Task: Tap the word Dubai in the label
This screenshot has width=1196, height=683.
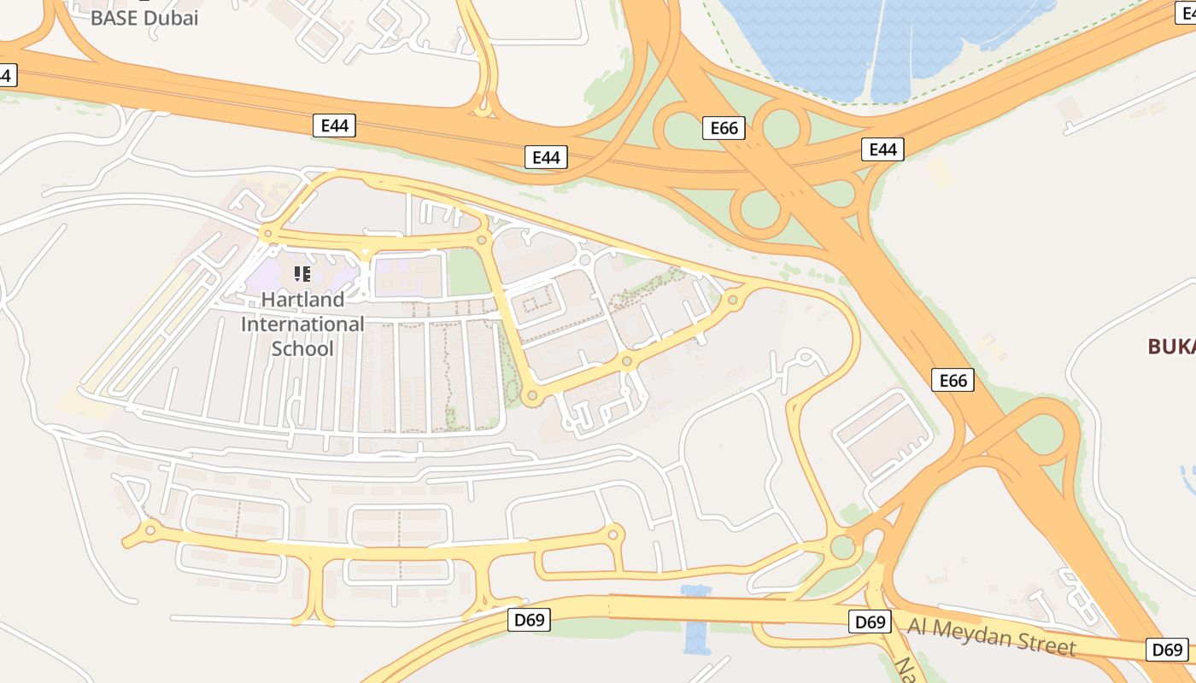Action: (170, 17)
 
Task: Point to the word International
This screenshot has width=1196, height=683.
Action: (302, 324)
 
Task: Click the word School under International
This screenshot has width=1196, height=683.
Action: (302, 348)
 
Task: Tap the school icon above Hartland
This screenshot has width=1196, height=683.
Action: (302, 274)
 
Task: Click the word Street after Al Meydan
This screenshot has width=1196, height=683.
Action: (1046, 644)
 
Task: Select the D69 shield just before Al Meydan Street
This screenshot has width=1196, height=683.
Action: (870, 622)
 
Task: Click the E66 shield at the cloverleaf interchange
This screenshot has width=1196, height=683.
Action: (724, 128)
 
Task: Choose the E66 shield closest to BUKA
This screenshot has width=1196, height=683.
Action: (953, 380)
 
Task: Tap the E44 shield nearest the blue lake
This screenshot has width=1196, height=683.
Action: (882, 149)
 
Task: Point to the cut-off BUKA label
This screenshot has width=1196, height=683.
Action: (1171, 346)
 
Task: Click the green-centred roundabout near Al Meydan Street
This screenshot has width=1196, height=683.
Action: (843, 546)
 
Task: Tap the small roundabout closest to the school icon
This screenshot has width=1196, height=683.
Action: (268, 232)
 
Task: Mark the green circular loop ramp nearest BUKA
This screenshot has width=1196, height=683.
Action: (1041, 435)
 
